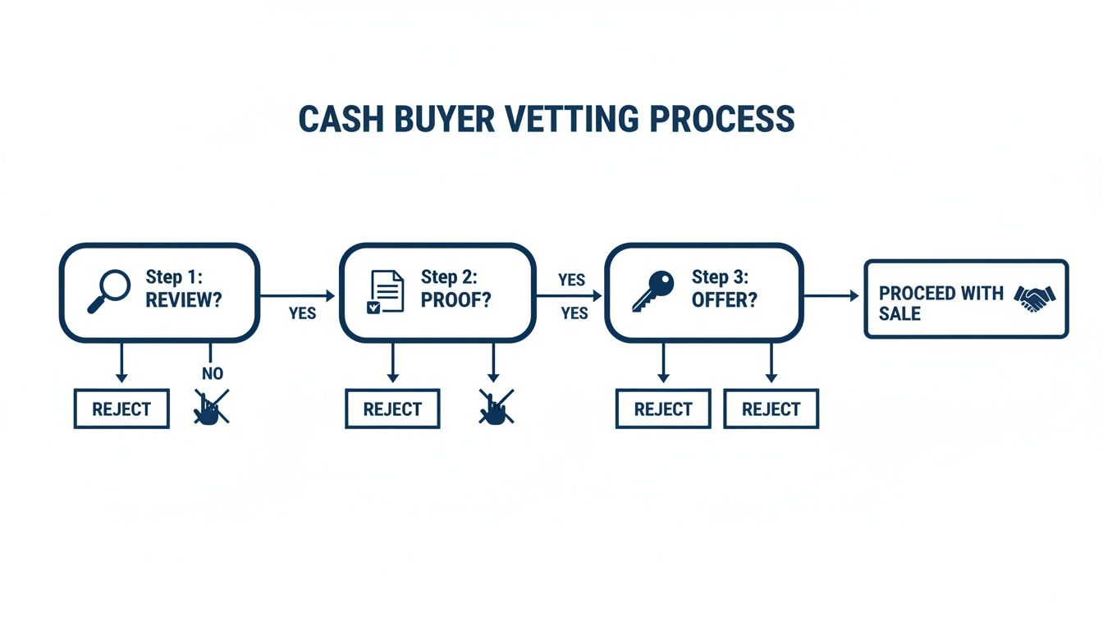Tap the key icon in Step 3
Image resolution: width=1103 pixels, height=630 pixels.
pyautogui.click(x=652, y=292)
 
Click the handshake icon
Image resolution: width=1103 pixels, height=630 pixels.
pyautogui.click(x=1036, y=299)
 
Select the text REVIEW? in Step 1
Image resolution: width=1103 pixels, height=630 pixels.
pyautogui.click(x=184, y=300)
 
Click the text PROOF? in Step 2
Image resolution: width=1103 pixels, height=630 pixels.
pyautogui.click(x=456, y=300)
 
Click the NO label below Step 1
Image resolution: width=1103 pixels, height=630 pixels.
pyautogui.click(x=212, y=374)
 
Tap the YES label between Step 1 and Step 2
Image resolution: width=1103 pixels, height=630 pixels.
pyautogui.click(x=303, y=313)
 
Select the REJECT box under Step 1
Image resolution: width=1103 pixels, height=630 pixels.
pyautogui.click(x=121, y=409)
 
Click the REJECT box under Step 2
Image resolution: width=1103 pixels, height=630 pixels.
pyautogui.click(x=392, y=409)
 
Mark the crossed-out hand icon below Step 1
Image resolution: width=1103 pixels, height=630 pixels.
pyautogui.click(x=211, y=408)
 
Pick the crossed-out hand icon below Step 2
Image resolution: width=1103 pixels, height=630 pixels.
pyautogui.click(x=496, y=408)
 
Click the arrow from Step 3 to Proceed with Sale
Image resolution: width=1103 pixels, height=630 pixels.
pyautogui.click(x=831, y=294)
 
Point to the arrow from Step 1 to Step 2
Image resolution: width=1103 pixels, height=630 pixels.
pyautogui.click(x=297, y=294)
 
